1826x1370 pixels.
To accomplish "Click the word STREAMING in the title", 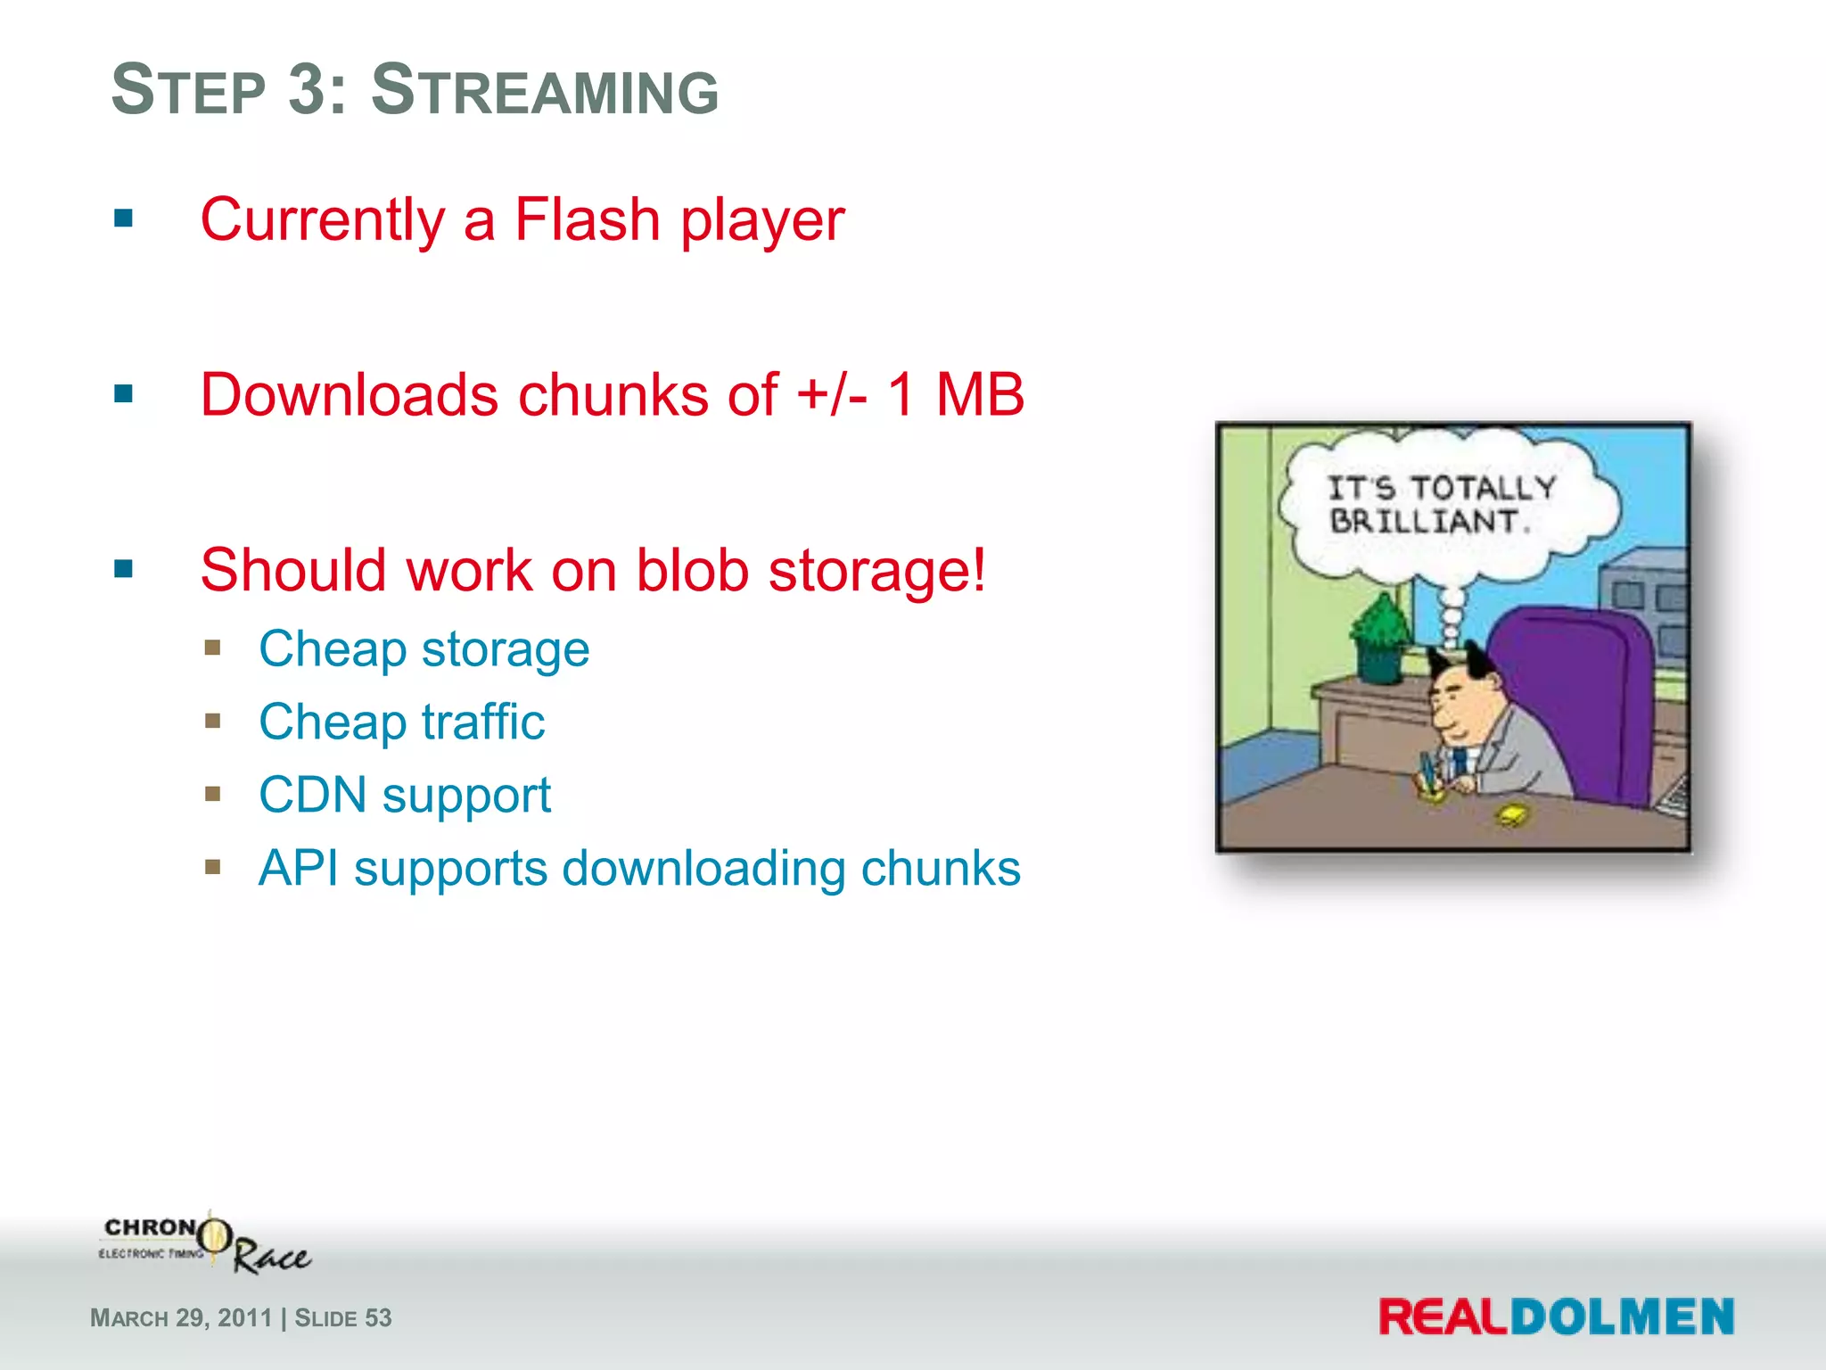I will pos(544,91).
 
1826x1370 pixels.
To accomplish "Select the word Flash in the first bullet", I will pos(588,219).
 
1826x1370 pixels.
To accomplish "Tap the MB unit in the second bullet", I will pos(980,394).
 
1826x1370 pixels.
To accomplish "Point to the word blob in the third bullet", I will pos(692,570).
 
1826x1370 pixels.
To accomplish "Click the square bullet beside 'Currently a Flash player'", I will pos(123,219).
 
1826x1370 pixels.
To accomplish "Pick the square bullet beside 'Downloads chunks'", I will pos(123,393).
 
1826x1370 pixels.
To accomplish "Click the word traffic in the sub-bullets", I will pos(482,722).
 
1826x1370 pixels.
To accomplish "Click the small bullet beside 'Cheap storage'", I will pos(212,648).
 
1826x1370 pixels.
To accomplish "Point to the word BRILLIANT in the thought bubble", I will pos(1424,521).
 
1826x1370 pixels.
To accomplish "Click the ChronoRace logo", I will pos(205,1242).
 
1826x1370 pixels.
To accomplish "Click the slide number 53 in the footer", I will pos(378,1318).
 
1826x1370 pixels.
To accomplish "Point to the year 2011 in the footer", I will pos(244,1318).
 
